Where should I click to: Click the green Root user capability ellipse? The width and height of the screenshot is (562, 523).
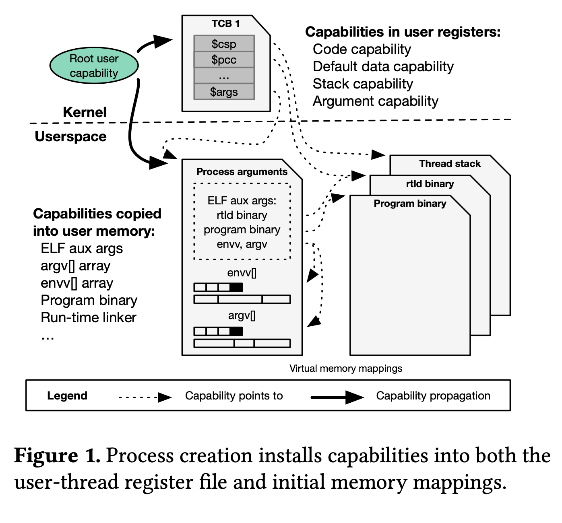point(94,66)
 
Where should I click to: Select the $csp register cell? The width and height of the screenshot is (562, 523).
point(224,43)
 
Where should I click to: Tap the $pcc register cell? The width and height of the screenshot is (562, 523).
point(224,60)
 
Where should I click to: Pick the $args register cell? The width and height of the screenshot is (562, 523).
point(224,92)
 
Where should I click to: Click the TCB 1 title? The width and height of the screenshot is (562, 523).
point(225,24)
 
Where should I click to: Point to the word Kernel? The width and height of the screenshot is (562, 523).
point(85,112)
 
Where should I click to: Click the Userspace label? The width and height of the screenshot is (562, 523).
point(70,136)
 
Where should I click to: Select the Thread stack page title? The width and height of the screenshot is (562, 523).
point(450,164)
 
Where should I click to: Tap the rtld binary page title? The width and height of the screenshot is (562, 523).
point(430,184)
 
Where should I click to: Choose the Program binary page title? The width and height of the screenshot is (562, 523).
point(410,204)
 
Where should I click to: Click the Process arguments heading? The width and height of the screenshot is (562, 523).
point(242,172)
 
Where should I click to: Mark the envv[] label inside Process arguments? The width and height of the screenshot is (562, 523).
point(242,273)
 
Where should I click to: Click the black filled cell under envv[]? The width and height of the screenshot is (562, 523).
point(236,287)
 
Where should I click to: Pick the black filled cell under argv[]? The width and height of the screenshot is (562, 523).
point(236,331)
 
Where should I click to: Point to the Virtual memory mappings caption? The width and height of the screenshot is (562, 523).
point(345,369)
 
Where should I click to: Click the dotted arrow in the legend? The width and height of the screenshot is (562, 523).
point(145,397)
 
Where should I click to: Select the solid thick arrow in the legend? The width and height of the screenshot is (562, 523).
point(337,397)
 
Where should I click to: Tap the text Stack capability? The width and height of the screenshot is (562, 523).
point(363,84)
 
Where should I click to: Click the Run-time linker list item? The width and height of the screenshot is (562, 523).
point(89,318)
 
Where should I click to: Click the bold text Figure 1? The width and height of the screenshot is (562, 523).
point(57,456)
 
